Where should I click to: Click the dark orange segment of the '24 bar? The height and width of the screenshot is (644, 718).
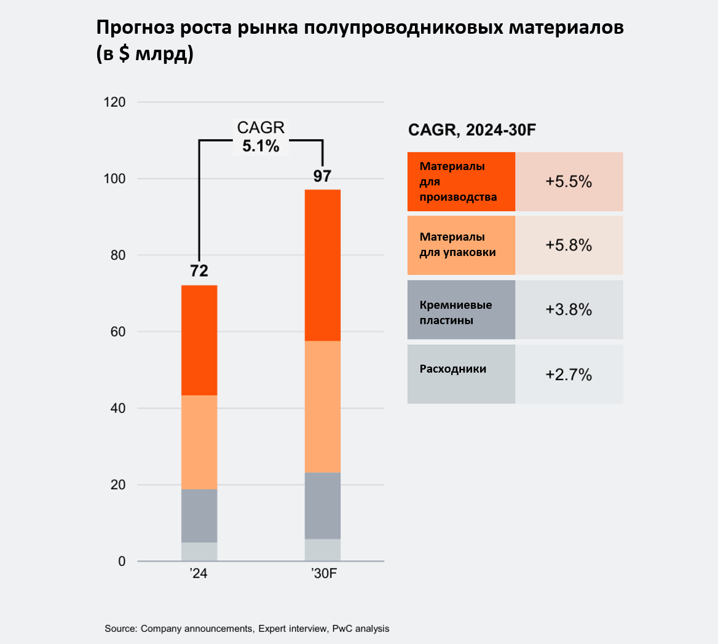point(199,340)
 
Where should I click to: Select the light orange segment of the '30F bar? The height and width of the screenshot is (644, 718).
point(323,406)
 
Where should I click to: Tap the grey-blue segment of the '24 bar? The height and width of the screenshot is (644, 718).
point(199,516)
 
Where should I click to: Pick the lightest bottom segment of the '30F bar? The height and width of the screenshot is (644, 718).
point(323,550)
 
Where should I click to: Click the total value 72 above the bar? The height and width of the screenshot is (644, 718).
point(199,271)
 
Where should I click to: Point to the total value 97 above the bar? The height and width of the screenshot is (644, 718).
point(322,176)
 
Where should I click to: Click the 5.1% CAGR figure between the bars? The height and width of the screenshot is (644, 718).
point(261,146)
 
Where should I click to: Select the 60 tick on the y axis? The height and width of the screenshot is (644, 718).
point(117,332)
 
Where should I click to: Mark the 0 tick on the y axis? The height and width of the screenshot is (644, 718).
point(122,561)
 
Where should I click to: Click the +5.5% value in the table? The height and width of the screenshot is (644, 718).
point(569,182)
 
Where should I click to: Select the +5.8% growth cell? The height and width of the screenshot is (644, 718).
point(569,245)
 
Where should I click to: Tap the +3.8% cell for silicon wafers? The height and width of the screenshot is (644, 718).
point(569,309)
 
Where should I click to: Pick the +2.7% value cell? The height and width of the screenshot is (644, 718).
point(569,374)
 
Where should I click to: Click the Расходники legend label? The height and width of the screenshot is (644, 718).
point(453,369)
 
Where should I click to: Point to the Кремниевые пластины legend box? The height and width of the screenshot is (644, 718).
point(461,309)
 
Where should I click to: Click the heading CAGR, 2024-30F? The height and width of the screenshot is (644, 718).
point(474,130)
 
